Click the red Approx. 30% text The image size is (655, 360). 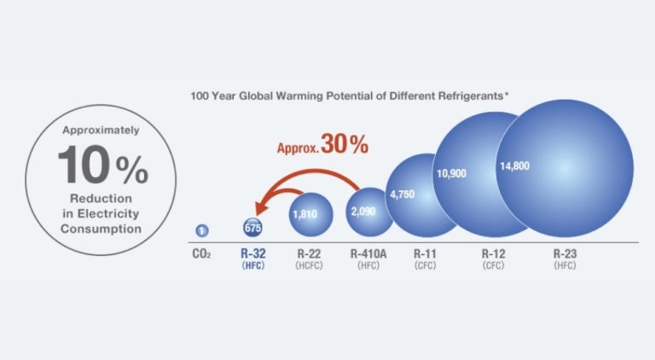[322, 146]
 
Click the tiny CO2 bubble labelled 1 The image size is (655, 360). [201, 230]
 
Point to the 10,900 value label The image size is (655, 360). [452, 173]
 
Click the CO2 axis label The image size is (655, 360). [201, 254]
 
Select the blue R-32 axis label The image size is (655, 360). [253, 253]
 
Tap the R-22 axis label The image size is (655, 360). [308, 253]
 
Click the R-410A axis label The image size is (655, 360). [368, 253]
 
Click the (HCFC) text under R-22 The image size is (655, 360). [308, 266]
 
